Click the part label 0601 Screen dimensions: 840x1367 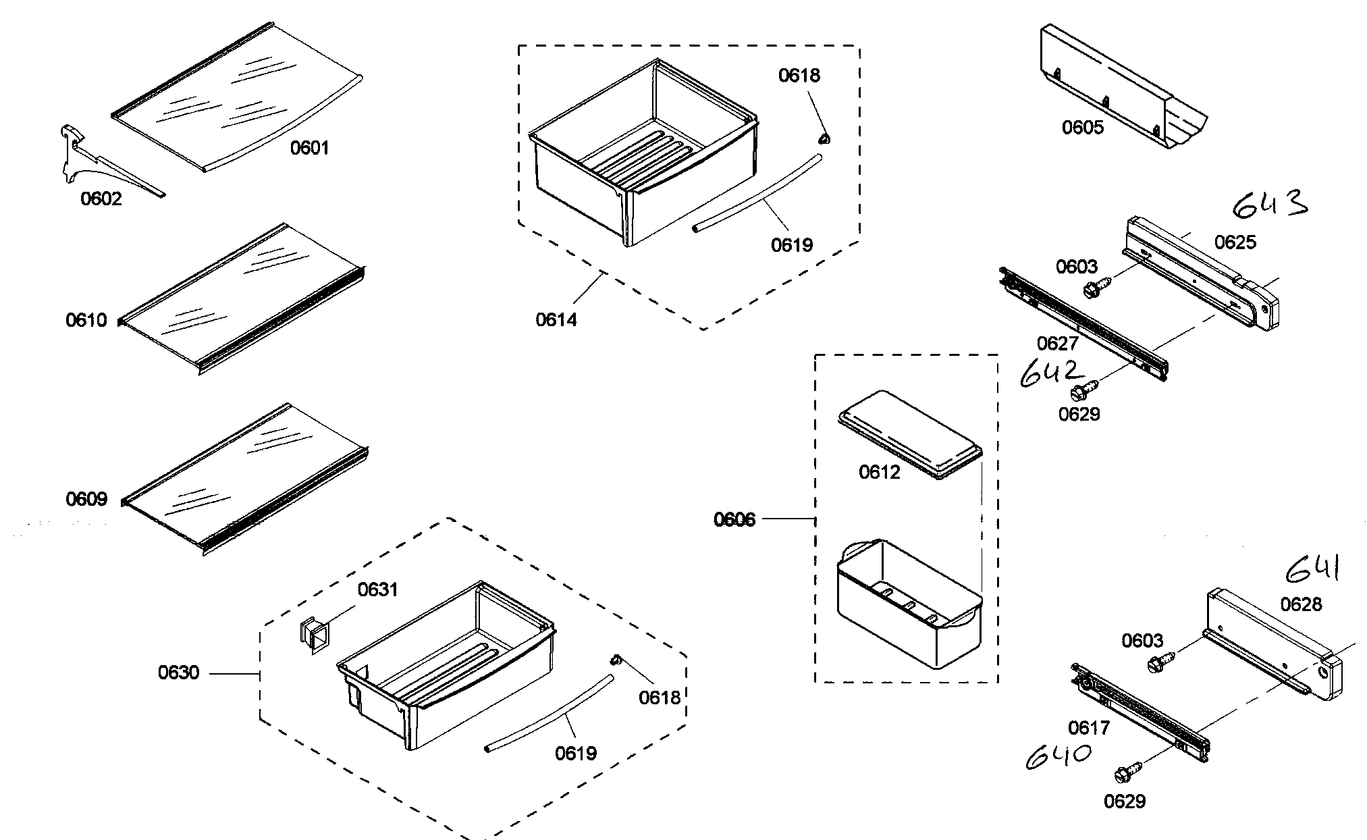coord(309,148)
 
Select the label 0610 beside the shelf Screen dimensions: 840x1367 coord(86,320)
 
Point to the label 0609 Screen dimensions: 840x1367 coord(86,499)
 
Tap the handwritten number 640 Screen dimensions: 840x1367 coord(1058,758)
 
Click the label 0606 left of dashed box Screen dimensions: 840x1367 coord(734,519)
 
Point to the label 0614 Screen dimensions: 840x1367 coord(556,320)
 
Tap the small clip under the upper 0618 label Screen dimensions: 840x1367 coord(824,138)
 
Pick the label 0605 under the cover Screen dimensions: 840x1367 coord(1083,128)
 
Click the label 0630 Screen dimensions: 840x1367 coord(178,673)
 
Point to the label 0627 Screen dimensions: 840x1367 coord(1057,344)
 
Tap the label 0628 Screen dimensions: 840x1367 coord(1301,604)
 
